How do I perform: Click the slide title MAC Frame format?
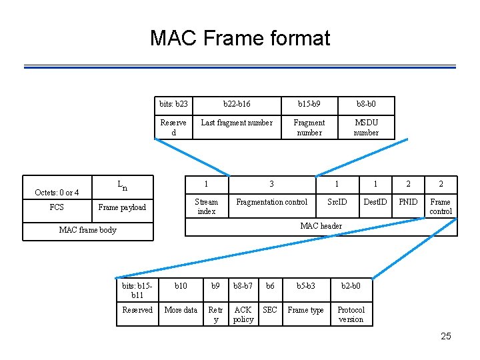coord(240,38)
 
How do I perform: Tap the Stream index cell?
coord(206,206)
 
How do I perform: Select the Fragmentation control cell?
coord(272,202)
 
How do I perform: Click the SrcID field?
coord(337,202)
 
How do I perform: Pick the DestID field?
coord(375,202)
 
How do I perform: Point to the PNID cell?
coord(408,202)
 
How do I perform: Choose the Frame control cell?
coord(441,206)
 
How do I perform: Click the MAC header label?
coord(321,226)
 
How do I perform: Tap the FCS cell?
coord(57,207)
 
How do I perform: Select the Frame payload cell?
coord(122,207)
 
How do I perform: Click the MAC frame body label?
coord(87,230)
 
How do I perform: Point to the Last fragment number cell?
coord(237,123)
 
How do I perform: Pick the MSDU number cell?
coord(366,127)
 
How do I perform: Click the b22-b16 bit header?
coord(237,104)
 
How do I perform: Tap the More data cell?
coord(181,310)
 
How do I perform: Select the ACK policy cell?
coord(243,314)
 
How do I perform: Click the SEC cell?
coord(270,310)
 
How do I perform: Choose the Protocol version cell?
coord(351,314)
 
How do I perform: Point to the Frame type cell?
coord(305,310)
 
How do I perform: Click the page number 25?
coord(446,336)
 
